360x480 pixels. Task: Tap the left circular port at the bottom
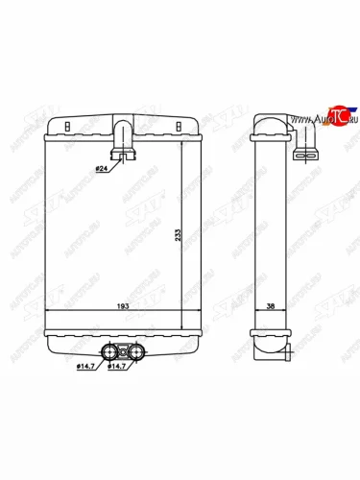[108, 351]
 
